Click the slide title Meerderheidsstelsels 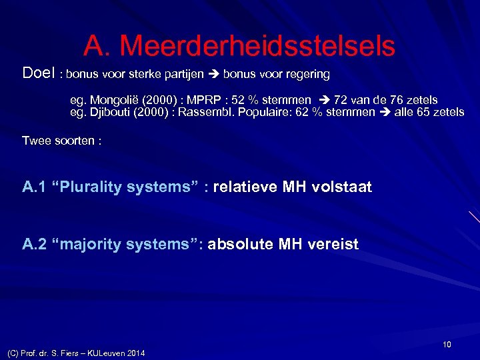click(239, 45)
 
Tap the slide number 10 click(446, 344)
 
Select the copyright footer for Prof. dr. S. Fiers click(75, 353)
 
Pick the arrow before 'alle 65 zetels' click(385, 111)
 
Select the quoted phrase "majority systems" click(126, 245)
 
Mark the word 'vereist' click(334, 245)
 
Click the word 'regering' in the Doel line click(306, 73)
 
